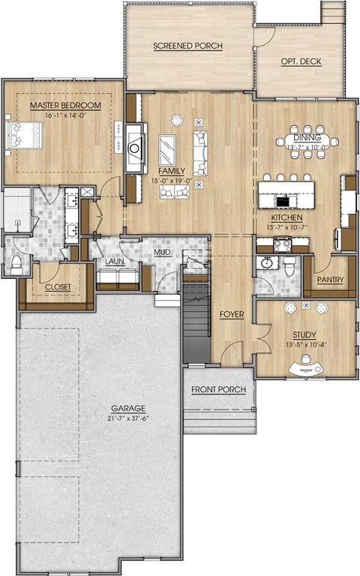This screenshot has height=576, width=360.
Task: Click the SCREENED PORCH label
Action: (187, 46)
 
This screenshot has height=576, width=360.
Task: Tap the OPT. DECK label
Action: (301, 61)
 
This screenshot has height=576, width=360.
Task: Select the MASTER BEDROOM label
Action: (65, 106)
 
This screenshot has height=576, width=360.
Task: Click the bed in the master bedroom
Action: (24, 136)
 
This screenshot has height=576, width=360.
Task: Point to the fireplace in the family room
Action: (134, 148)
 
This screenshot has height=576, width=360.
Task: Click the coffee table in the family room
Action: (167, 150)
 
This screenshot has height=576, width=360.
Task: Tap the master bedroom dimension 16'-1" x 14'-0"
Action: (65, 115)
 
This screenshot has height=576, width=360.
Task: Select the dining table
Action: (307, 142)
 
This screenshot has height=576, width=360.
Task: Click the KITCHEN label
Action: (287, 217)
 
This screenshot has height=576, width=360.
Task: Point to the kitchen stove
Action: (283, 244)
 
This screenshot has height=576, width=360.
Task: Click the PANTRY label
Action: (330, 280)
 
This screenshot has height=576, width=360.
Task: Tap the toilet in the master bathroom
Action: (16, 265)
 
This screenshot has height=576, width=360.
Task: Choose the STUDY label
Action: (304, 335)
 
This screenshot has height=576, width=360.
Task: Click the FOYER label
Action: (232, 314)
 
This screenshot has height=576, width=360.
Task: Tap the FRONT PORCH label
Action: (218, 389)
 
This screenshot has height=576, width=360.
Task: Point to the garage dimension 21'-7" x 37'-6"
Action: (128, 418)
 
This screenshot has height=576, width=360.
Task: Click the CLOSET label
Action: (58, 287)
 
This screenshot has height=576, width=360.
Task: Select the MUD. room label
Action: (163, 253)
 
